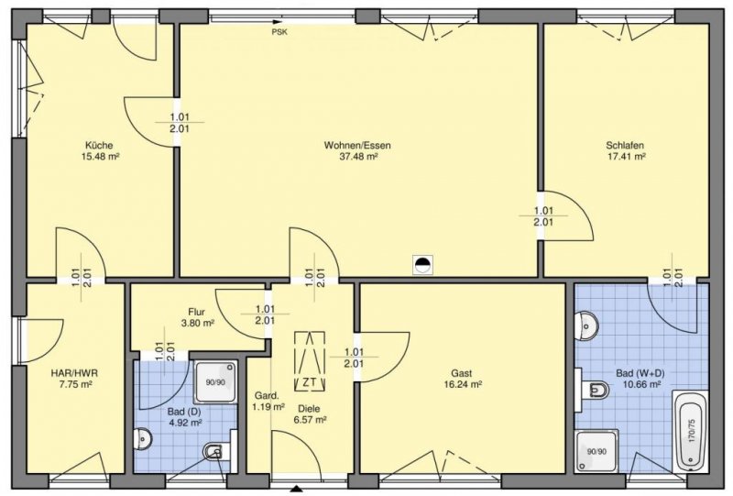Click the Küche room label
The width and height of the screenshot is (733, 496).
click(98, 145)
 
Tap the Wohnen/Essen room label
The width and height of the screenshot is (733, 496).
click(351, 145)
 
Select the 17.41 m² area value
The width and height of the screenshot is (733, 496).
click(626, 157)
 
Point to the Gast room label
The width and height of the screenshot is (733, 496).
click(461, 373)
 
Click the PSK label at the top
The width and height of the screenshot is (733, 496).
click(279, 30)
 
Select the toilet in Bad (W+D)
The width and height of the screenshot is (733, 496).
click(596, 391)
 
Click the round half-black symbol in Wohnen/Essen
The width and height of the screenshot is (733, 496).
click(421, 265)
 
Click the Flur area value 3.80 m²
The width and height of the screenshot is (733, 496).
click(196, 323)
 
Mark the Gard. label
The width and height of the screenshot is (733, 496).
click(266, 396)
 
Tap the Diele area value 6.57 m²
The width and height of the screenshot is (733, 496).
click(310, 419)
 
